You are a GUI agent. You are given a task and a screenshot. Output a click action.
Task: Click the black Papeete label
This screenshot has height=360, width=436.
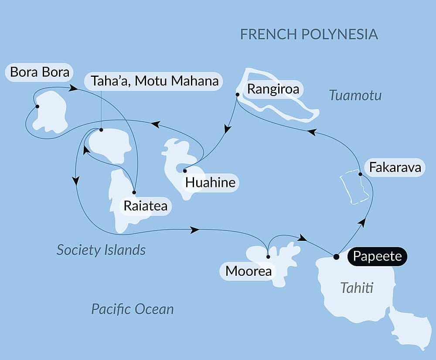coord(377,256)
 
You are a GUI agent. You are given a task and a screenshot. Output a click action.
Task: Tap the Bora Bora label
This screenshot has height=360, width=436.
coord(40,72)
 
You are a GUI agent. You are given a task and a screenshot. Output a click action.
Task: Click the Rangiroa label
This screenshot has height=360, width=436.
coord(269,89)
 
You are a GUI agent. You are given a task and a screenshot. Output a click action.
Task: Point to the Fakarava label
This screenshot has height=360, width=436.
coord(395,168)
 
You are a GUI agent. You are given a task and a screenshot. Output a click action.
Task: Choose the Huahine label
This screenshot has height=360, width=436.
coord(210,182)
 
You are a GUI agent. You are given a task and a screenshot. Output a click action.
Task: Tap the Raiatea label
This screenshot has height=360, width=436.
coord(145,206)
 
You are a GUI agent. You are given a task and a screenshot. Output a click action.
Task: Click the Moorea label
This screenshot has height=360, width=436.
coord(248,271)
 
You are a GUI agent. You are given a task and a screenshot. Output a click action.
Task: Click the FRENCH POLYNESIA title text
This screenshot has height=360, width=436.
coord(309,34)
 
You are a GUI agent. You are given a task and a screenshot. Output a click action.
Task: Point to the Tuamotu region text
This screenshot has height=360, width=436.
coord(355,95)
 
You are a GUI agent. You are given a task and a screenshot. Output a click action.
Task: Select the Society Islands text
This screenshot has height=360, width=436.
coord(101,250)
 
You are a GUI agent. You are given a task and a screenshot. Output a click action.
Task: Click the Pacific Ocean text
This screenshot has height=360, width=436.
coord(132,309)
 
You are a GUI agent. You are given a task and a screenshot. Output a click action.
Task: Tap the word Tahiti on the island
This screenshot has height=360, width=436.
coord(357,288)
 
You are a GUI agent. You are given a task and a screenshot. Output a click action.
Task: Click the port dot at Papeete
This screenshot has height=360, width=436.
coord(336,257)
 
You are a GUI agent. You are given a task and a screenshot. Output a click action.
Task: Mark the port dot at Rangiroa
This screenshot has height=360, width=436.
coord(237,94)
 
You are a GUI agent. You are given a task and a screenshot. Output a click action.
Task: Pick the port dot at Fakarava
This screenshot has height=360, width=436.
coord(360,175)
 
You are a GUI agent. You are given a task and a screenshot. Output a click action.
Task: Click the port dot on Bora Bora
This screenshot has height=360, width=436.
coord(37,106)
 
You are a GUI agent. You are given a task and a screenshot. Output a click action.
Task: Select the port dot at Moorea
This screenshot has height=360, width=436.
coord(268,257)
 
